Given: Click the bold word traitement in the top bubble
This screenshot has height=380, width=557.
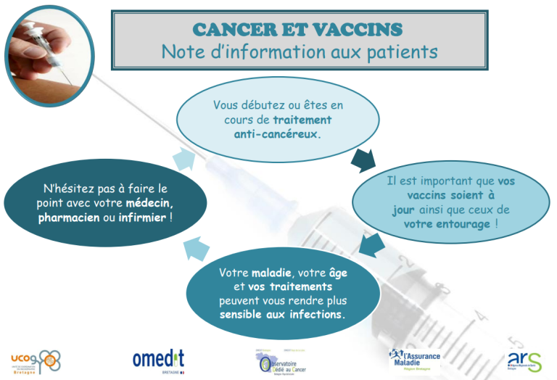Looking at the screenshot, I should click(302, 120).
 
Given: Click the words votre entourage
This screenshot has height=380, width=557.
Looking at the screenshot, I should click(448, 224).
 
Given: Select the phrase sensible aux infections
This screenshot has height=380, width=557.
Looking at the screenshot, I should click(283, 316).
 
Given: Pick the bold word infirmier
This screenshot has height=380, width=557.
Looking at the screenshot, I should click(144, 218).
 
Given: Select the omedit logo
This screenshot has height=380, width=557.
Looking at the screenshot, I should click(158, 359).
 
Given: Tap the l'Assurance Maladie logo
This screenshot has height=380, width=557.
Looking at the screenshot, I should click(417, 358).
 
